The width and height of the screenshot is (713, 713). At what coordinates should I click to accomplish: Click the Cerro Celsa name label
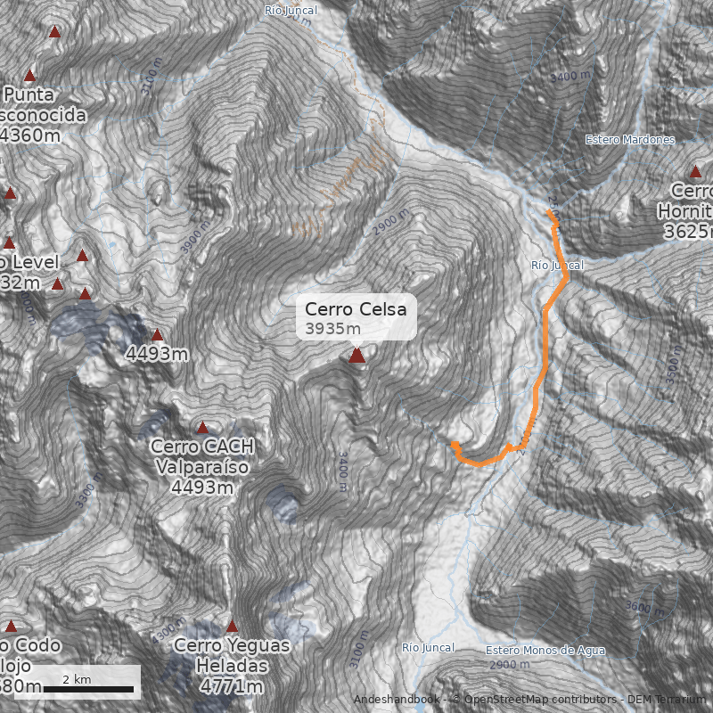[x=356, y=309]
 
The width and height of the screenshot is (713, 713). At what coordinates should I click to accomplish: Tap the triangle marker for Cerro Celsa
[x=357, y=356]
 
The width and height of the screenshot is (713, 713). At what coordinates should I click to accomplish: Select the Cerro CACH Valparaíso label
[x=202, y=456]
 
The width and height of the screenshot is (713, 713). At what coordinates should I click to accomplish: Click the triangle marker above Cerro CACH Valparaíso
[x=202, y=428]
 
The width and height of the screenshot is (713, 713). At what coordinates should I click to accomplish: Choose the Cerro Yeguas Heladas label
[x=233, y=655]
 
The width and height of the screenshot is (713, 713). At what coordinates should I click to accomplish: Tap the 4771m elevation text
[x=233, y=686]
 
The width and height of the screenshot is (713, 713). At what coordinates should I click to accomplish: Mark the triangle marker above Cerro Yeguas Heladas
[x=233, y=627]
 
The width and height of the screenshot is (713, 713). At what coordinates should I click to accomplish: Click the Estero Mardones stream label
[x=630, y=140]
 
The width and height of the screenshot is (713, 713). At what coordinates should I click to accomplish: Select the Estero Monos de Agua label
[x=545, y=651]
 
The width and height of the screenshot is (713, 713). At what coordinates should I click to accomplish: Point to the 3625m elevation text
[x=688, y=231]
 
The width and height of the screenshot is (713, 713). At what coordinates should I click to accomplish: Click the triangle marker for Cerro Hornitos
[x=696, y=172]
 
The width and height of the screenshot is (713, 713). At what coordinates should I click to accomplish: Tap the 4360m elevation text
[x=32, y=135]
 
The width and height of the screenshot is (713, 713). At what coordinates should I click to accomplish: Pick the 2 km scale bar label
[x=77, y=679]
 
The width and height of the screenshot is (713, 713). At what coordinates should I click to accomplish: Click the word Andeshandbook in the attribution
[x=396, y=700]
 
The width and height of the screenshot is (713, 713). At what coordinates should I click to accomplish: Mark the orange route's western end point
[x=455, y=444]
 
